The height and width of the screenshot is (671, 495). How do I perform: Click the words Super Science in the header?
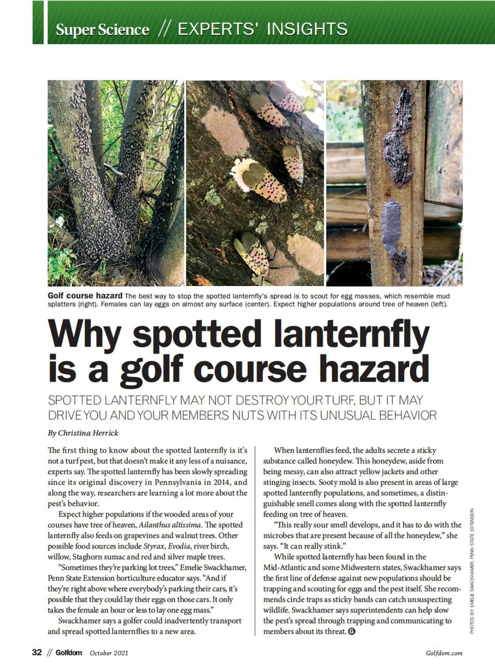pyautogui.click(x=102, y=30)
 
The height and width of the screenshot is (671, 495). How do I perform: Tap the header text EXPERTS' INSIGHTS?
pyautogui.click(x=262, y=29)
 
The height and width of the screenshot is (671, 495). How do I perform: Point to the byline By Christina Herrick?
pyautogui.click(x=83, y=433)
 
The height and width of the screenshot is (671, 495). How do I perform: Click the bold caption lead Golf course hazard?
pyautogui.click(x=85, y=296)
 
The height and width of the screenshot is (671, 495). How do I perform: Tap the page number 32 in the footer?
pyautogui.click(x=37, y=652)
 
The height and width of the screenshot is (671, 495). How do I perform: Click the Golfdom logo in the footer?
pyautogui.click(x=69, y=653)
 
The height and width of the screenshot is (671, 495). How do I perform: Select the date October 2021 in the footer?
pyautogui.click(x=109, y=653)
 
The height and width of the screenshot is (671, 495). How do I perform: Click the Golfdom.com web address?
pyautogui.click(x=444, y=653)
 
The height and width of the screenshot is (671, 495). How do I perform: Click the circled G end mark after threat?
pyautogui.click(x=352, y=631)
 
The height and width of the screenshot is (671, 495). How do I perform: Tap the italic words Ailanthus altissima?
pyautogui.click(x=170, y=525)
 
